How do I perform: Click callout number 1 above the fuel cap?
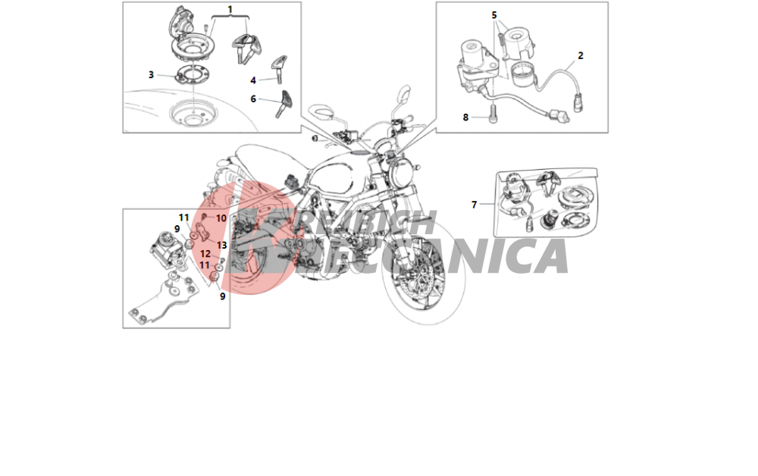click(230, 9)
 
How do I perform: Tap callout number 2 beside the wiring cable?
click(581, 55)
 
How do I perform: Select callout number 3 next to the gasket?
click(152, 75)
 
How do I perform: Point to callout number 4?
click(253, 80)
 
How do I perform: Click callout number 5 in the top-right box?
click(494, 15)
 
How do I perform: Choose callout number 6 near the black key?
click(253, 99)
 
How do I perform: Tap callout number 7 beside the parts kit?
click(475, 205)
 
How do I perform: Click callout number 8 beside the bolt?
click(465, 117)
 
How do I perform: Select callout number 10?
click(221, 218)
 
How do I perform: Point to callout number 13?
click(222, 246)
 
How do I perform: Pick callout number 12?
click(205, 254)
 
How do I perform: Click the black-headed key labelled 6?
click(285, 103)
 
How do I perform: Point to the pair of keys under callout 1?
click(246, 48)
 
